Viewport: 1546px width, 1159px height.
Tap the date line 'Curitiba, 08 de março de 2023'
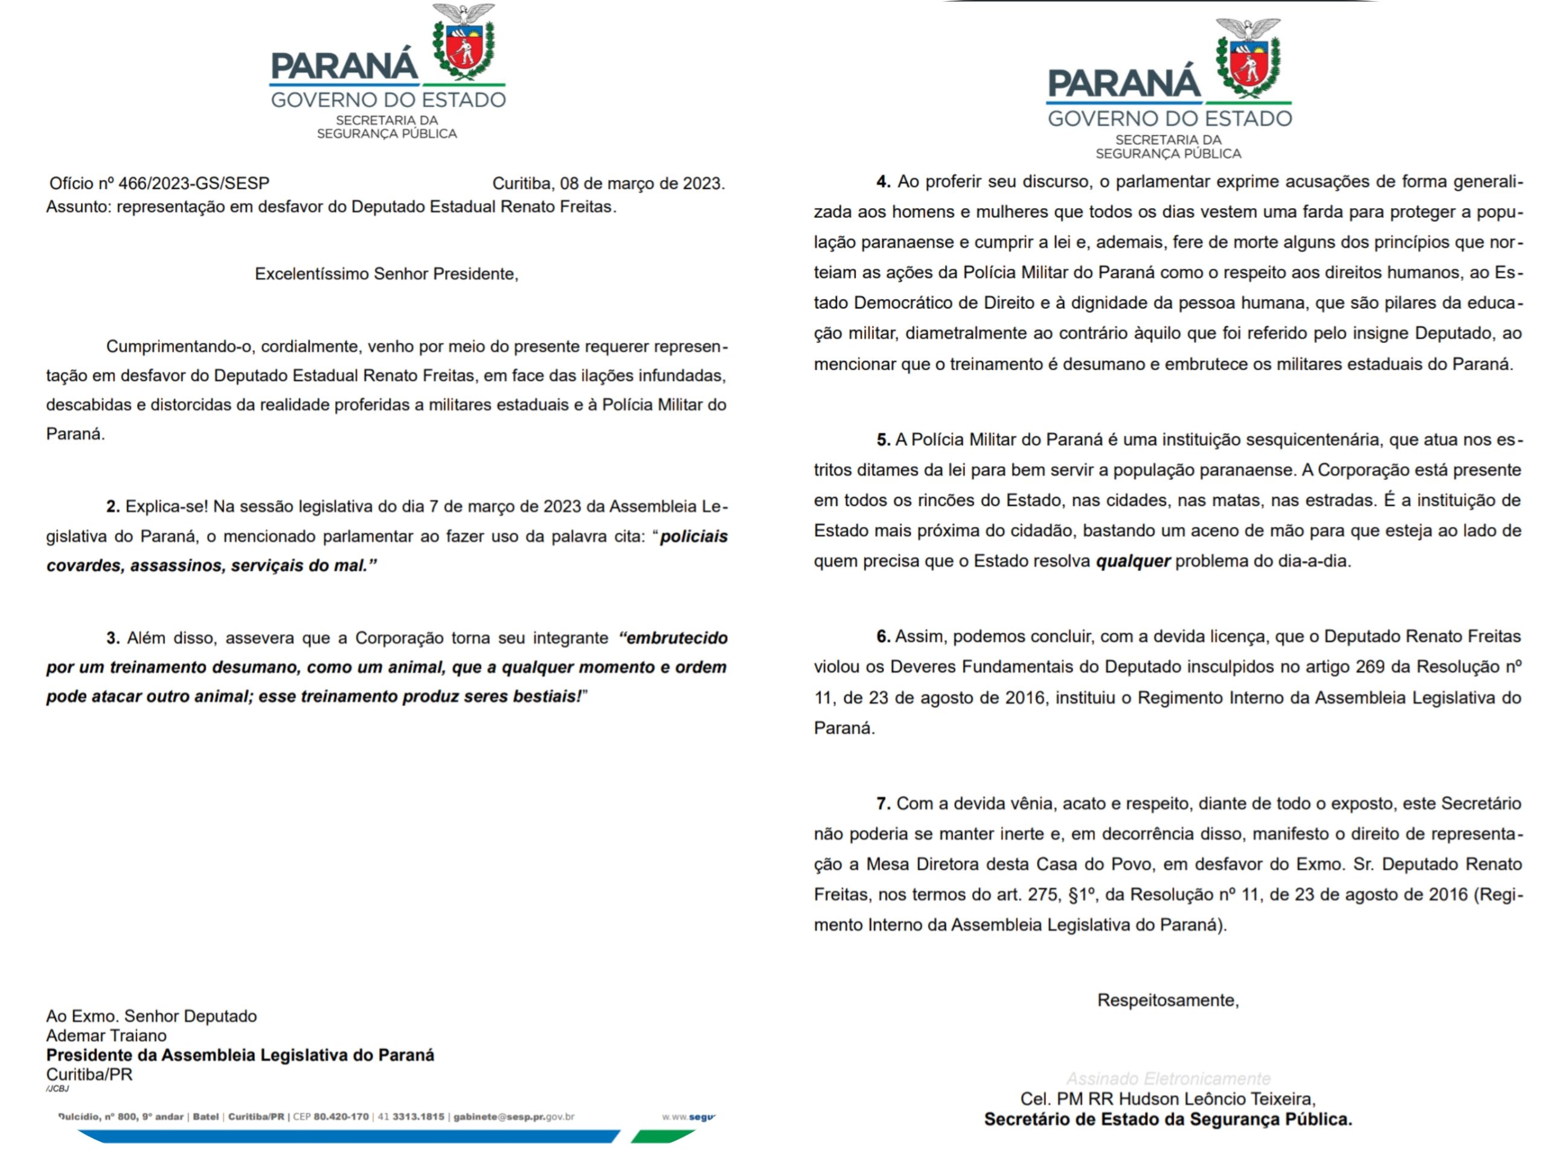coord(608,184)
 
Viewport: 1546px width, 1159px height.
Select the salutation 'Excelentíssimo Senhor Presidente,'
coord(386,274)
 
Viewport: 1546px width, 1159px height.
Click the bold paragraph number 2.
coord(113,506)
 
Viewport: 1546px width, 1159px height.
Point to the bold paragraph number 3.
coord(113,638)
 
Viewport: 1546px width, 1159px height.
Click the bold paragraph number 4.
coord(884,182)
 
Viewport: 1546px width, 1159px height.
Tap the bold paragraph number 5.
coord(884,440)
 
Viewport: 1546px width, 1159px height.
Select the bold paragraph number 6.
coord(884,637)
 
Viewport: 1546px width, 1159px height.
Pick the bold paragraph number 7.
coord(884,804)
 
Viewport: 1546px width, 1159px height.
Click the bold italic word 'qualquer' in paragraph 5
coord(1132,561)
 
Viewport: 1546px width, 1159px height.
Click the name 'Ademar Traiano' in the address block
coord(106,1036)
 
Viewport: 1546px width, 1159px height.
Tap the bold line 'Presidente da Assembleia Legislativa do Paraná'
coord(240,1056)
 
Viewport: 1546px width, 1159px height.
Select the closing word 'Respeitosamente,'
coord(1168,1000)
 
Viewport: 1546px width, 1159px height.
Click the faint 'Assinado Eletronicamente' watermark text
coord(1168,1079)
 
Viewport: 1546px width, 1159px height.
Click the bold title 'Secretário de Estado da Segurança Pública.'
coord(1168,1119)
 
